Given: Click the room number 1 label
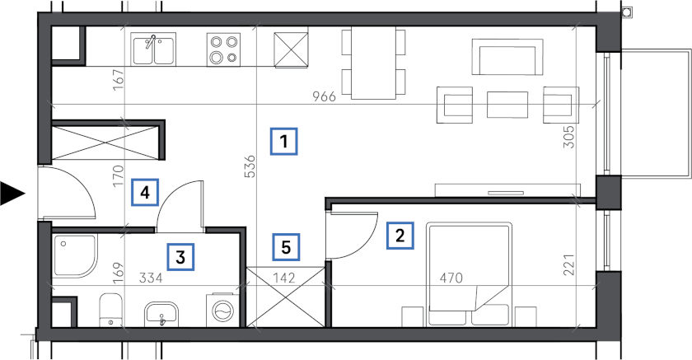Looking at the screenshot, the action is pyautogui.click(x=283, y=142).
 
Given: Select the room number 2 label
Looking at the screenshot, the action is pyautogui.click(x=400, y=236).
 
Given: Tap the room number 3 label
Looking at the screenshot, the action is pyautogui.click(x=180, y=257).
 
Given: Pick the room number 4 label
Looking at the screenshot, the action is pyautogui.click(x=145, y=192).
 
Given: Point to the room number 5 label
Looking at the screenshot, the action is pyautogui.click(x=286, y=247).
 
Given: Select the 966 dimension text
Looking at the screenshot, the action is pyautogui.click(x=325, y=96).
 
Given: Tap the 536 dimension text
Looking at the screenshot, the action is pyautogui.click(x=250, y=166).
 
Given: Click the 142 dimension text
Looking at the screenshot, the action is pyautogui.click(x=285, y=278).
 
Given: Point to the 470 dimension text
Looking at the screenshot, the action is pyautogui.click(x=451, y=278).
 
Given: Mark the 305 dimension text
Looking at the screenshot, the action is pyautogui.click(x=569, y=138).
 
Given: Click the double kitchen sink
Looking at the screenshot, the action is pyautogui.click(x=153, y=49).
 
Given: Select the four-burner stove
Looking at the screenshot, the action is pyautogui.click(x=224, y=49).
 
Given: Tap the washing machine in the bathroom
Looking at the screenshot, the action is pyautogui.click(x=222, y=310).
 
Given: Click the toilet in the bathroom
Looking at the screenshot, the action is pyautogui.click(x=110, y=311).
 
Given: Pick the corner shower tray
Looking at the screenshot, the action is pyautogui.click(x=74, y=256).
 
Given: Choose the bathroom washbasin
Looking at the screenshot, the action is pyautogui.click(x=161, y=314).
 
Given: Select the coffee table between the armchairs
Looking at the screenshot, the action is pyautogui.click(x=507, y=105).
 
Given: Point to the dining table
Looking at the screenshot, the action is pyautogui.click(x=374, y=63).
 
